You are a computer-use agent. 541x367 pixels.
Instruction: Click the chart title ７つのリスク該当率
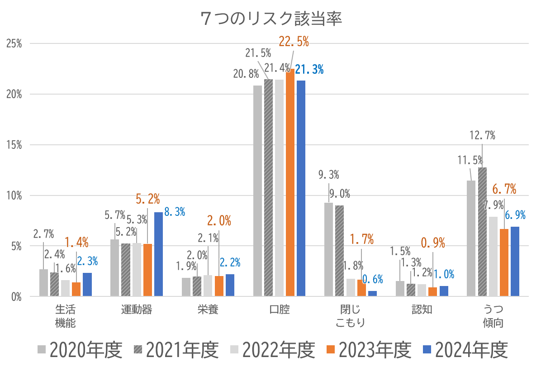pos(270,19)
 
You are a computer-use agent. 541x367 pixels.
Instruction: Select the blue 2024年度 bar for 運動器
pos(158,254)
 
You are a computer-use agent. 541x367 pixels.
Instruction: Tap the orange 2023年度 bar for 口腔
pos(290,183)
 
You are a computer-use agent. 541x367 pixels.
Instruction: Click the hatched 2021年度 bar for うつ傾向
pos(482,232)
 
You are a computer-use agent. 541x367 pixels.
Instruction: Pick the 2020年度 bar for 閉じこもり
pos(328,250)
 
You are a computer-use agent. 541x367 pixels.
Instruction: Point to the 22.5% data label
pos(294,42)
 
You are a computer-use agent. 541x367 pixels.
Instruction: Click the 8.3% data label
pos(175,211)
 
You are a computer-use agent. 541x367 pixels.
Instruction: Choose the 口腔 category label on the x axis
pos(279,310)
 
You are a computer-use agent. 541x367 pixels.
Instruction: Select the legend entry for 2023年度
pos(369,349)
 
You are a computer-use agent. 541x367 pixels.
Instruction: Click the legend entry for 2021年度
pos(177,349)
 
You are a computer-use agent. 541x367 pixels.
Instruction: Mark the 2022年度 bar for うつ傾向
pos(493,257)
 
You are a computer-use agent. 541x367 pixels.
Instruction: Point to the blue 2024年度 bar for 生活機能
pos(87,285)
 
